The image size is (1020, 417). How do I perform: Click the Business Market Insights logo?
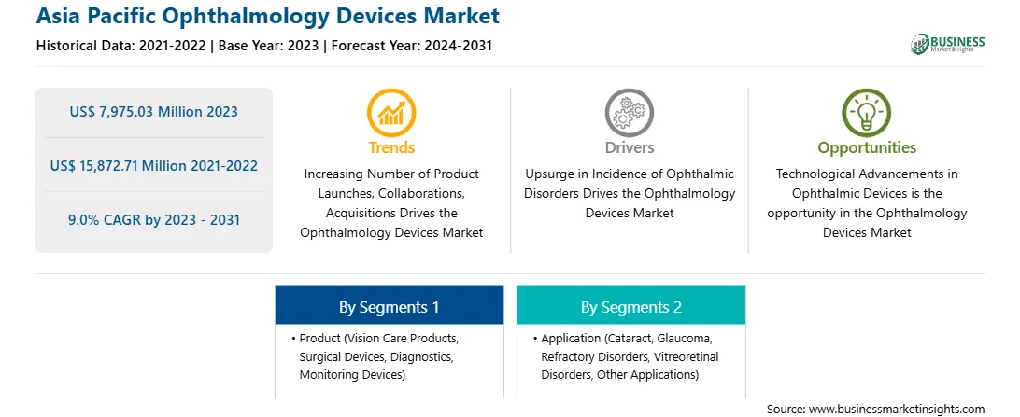(x=948, y=44)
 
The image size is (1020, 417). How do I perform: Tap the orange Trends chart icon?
(x=391, y=112)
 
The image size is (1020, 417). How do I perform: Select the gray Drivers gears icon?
(x=629, y=112)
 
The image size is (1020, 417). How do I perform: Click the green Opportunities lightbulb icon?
(x=867, y=112)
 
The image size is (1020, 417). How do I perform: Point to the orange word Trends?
(x=391, y=147)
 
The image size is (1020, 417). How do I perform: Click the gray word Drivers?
(x=629, y=147)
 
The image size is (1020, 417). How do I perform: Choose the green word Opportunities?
(x=867, y=148)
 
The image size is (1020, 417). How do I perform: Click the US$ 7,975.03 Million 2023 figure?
(x=153, y=112)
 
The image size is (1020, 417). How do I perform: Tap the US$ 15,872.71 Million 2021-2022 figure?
(x=153, y=166)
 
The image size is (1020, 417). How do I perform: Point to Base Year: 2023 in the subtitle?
(x=269, y=46)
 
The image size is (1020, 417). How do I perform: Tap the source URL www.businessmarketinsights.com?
(x=897, y=410)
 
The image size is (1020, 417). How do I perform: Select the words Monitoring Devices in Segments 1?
(x=351, y=375)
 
